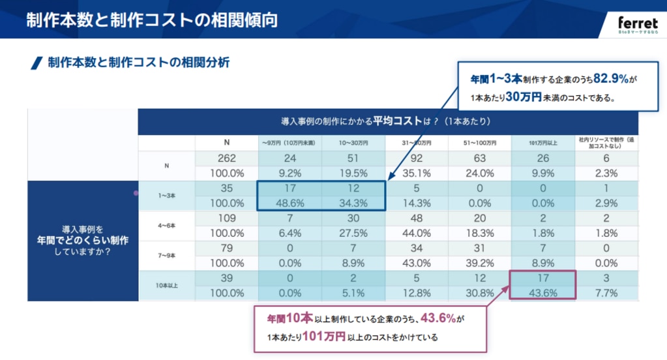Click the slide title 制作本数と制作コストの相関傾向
[152, 20]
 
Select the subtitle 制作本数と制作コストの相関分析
[138, 63]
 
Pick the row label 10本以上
[166, 286]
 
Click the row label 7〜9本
[166, 256]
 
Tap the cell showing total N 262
[228, 158]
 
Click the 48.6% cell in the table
[289, 203]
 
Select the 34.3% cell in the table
[353, 203]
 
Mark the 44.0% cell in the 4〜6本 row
[416, 233]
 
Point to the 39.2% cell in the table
[479, 263]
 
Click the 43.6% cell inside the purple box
[542, 293]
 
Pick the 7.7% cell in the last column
[606, 293]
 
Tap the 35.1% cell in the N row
[416, 173]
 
